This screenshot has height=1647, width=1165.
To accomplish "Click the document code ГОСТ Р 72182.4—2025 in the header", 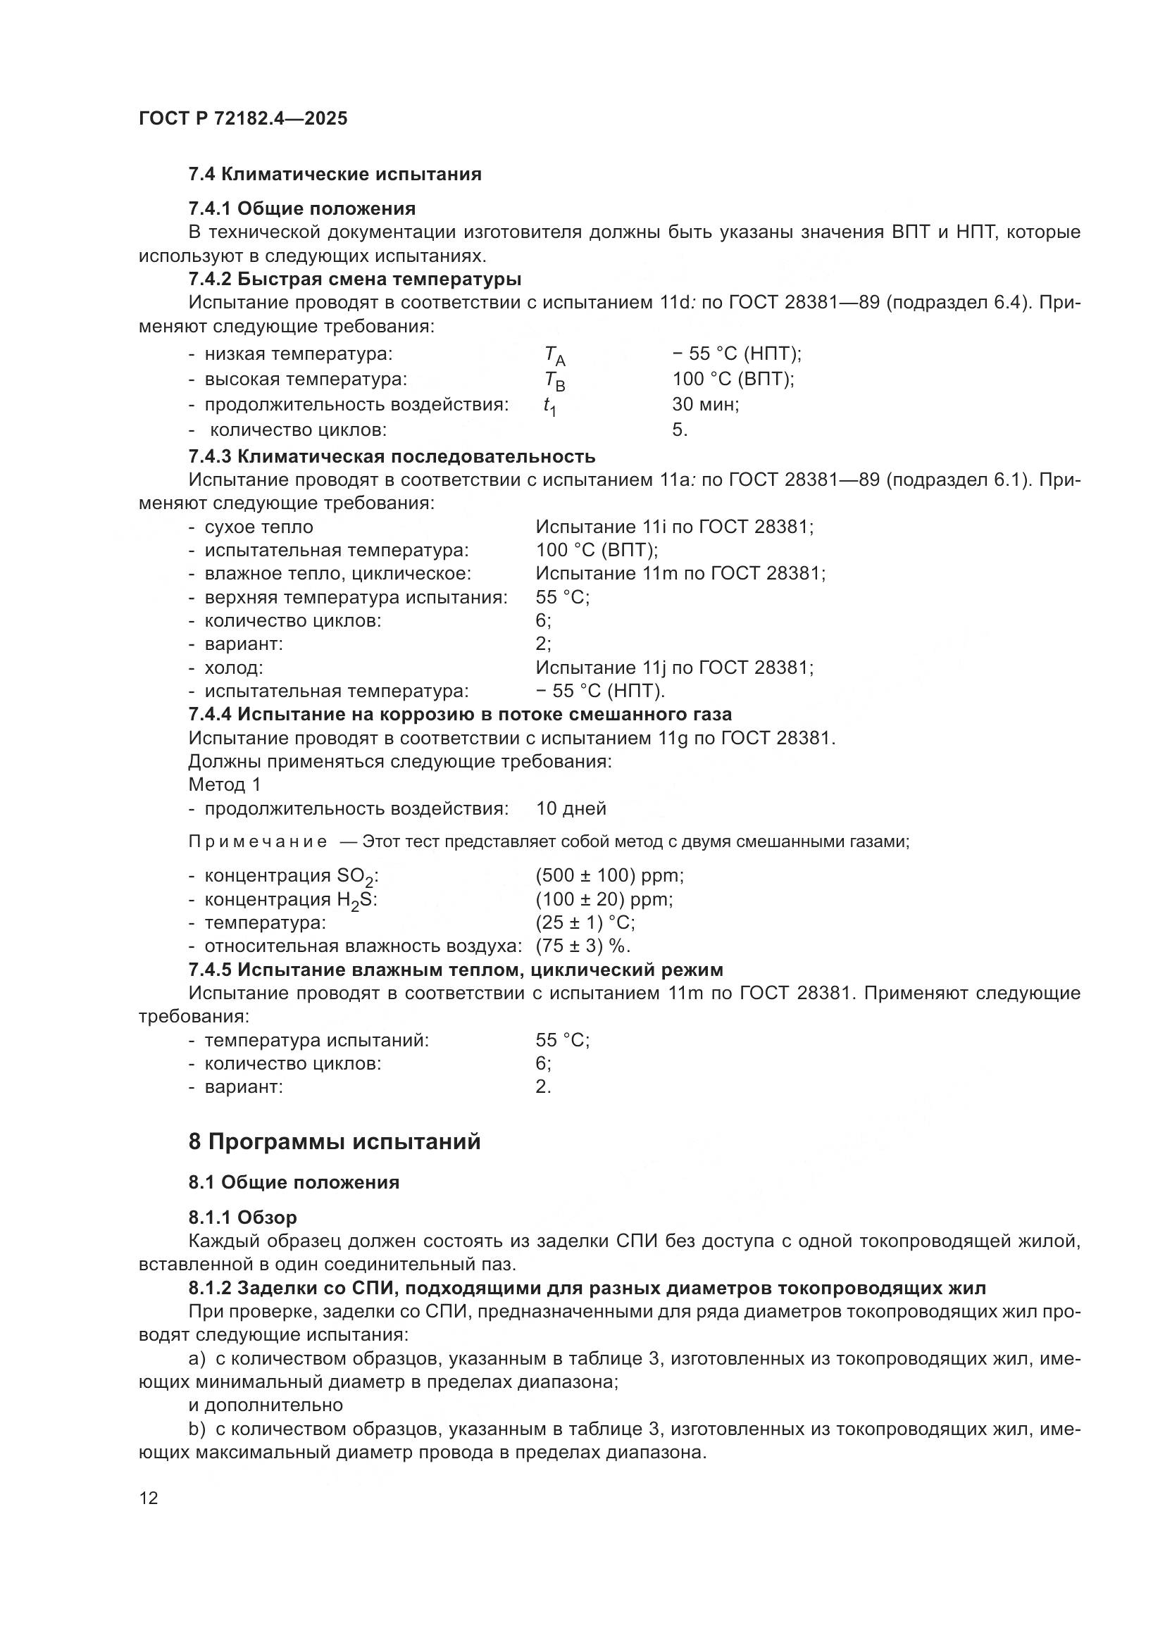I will (x=242, y=118).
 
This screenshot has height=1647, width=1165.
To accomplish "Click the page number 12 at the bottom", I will (x=149, y=1498).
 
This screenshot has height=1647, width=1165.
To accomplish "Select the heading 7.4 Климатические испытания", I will (x=335, y=175).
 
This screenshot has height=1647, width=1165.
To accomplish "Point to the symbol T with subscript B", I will (x=554, y=381).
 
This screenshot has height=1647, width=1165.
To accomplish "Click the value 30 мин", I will (x=705, y=405).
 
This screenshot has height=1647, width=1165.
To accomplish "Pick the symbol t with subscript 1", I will (x=549, y=407).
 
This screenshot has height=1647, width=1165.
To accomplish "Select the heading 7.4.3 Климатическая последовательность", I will (x=392, y=456).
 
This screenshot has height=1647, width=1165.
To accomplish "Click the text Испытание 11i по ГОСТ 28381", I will (x=674, y=527).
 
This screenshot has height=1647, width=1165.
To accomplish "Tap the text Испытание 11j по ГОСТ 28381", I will (x=674, y=668).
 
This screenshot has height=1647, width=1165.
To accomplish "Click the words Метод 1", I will (x=225, y=784).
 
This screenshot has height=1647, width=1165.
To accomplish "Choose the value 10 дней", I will (x=571, y=809).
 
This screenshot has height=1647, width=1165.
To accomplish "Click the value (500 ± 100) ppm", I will (x=610, y=876).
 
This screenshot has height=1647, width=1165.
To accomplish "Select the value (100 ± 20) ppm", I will (x=604, y=899).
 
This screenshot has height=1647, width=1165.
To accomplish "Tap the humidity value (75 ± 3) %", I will (x=582, y=946).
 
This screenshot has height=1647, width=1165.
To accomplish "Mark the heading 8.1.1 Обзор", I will (x=242, y=1218).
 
